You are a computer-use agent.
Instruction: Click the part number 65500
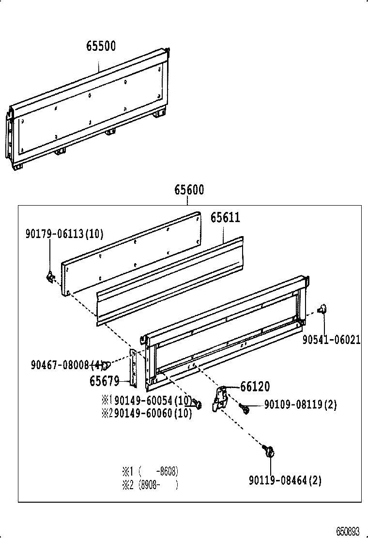[101, 46]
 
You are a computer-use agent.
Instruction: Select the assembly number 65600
[189, 190]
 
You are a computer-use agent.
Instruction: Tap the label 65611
[225, 218]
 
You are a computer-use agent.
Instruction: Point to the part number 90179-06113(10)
[64, 234]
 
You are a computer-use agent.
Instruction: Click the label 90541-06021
[331, 340]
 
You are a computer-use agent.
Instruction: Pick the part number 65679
[104, 381]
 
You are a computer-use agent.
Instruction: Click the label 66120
[255, 386]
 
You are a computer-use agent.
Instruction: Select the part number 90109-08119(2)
[300, 404]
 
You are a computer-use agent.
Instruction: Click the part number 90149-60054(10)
[153, 401]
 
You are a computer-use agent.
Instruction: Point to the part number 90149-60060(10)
[153, 413]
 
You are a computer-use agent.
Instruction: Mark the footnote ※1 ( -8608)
[150, 471]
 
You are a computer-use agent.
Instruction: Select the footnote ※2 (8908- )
[150, 484]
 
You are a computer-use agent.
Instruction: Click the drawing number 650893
[348, 531]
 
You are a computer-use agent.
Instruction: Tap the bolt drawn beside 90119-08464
[269, 451]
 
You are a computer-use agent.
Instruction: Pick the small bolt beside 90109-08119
[245, 409]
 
